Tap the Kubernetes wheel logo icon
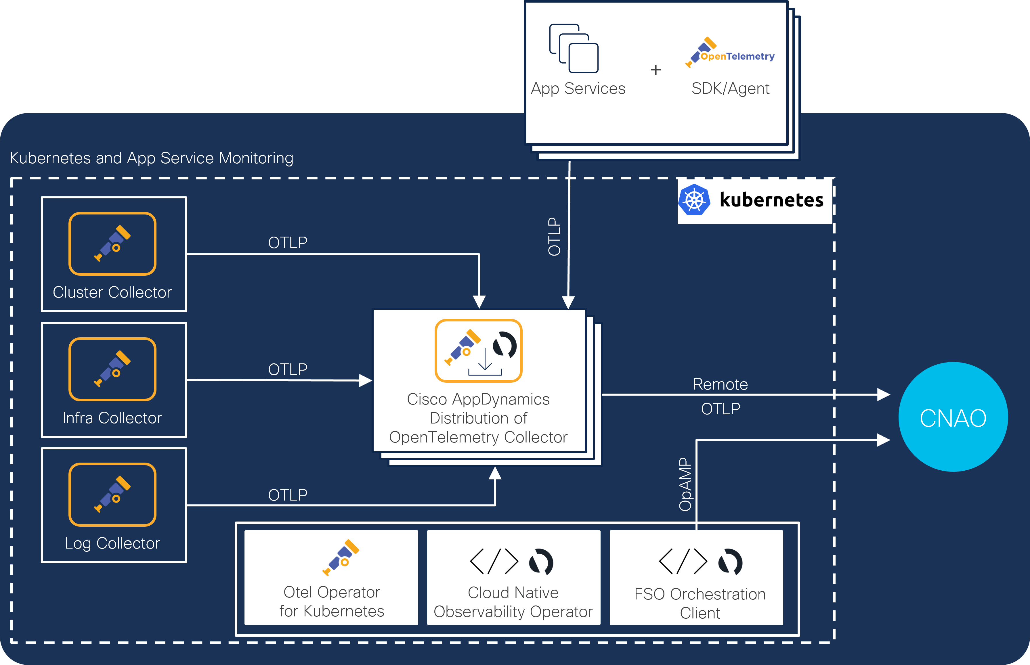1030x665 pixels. [x=694, y=200]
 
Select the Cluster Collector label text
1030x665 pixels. [x=112, y=292]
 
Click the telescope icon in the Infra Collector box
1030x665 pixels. [x=112, y=369]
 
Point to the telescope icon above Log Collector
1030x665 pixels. [x=112, y=495]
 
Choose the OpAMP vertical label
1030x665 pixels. [x=685, y=484]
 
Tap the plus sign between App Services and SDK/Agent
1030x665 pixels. [x=656, y=70]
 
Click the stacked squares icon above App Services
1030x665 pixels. [x=574, y=48]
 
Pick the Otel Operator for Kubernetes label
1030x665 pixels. [x=332, y=601]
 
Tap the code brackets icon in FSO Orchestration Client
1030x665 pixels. [x=683, y=561]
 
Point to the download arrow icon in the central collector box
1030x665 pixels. [x=485, y=362]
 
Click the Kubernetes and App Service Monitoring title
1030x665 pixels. [x=152, y=158]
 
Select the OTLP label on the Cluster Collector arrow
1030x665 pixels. [x=288, y=243]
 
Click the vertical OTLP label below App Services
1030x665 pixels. [x=554, y=237]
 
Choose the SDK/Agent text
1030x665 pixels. [x=730, y=89]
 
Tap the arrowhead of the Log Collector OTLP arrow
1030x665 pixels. [x=495, y=473]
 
